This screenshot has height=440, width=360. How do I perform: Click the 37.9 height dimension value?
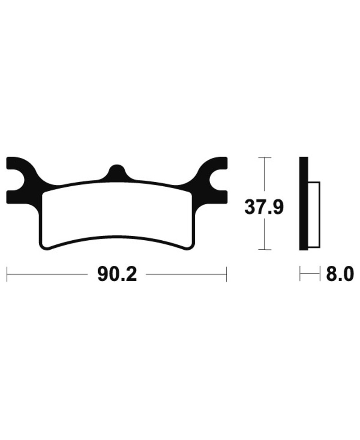tap(264, 207)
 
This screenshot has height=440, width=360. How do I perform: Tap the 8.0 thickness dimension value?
tap(337, 274)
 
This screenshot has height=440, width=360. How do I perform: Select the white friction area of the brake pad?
tap(117, 214)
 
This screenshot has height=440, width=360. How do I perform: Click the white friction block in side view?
tap(314, 215)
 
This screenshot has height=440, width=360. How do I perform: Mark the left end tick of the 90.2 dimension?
tap(8, 274)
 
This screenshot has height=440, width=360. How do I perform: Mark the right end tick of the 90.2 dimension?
tap(226, 274)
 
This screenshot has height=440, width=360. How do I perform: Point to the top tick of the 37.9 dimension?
tap(264, 158)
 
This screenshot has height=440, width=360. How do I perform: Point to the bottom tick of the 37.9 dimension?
tap(264, 249)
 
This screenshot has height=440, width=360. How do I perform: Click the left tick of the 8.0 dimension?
tap(300, 274)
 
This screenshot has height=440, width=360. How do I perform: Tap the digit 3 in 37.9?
tap(250, 207)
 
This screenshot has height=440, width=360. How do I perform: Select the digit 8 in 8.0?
tap(327, 274)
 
